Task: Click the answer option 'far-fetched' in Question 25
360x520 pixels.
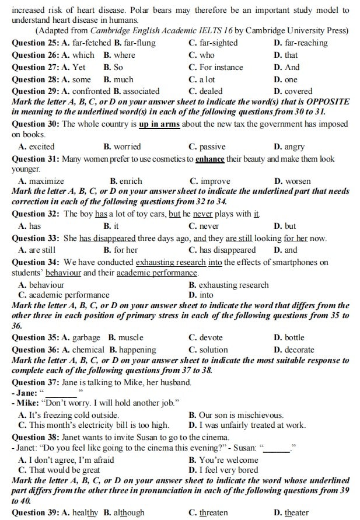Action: (x=91, y=43)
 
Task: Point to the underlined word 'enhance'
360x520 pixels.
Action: (x=211, y=159)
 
